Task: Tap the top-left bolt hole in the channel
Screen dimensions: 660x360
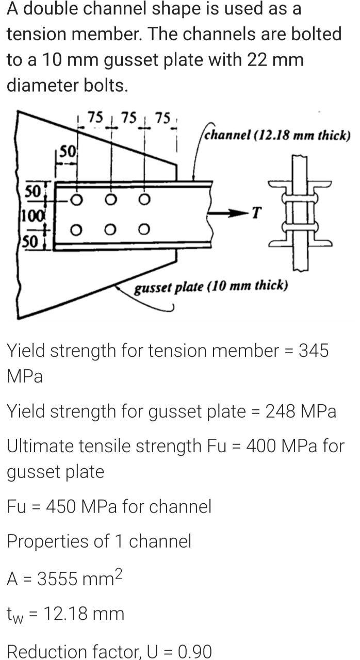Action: (76, 199)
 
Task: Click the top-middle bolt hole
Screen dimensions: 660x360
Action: (110, 199)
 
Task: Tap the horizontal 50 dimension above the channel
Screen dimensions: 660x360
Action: (67, 151)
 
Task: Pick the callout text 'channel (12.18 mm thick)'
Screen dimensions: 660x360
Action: (277, 136)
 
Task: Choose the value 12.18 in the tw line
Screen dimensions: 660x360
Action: (67, 614)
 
